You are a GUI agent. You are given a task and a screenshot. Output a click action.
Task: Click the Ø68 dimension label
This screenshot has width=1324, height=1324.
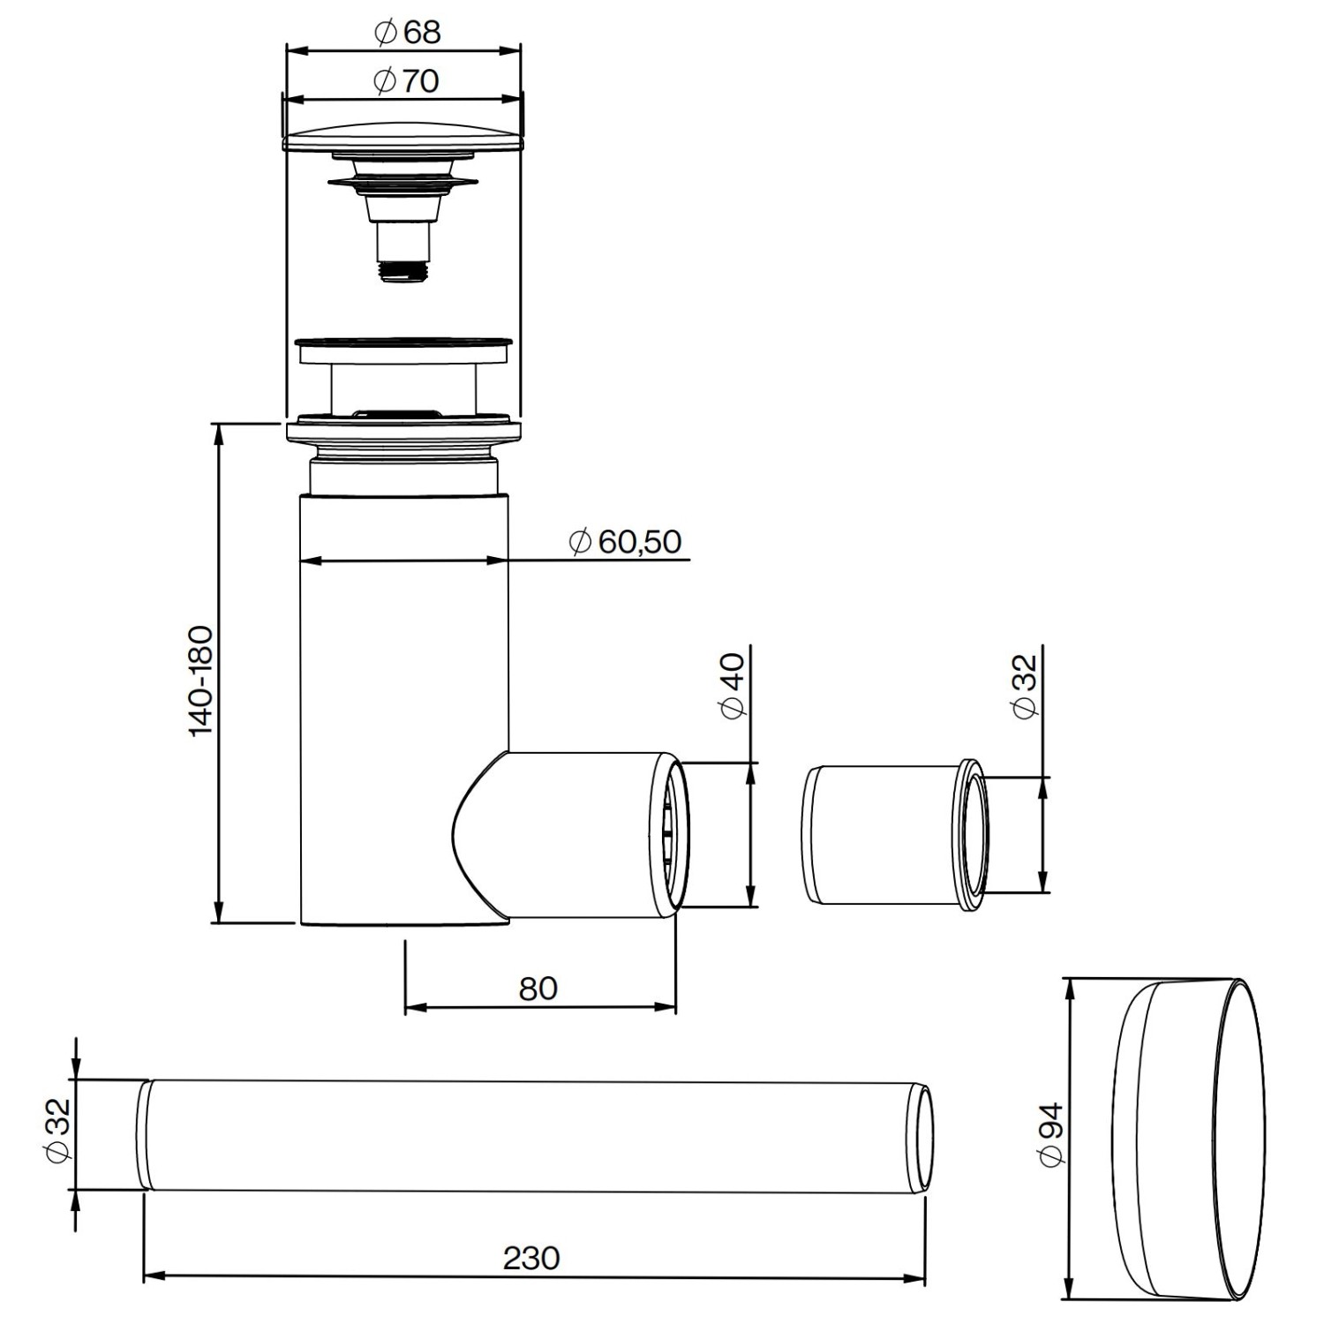pos(407,34)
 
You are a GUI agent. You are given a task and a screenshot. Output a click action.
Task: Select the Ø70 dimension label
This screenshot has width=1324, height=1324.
pos(407,81)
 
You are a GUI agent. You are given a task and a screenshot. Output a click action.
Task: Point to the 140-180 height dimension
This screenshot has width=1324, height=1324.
pos(201,680)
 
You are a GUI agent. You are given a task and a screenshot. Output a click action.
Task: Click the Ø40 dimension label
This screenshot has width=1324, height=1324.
pos(734,684)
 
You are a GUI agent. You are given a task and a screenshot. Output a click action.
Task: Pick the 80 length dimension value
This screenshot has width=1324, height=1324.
pos(538,988)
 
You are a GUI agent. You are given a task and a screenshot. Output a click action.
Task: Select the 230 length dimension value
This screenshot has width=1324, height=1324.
pos(531,1257)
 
